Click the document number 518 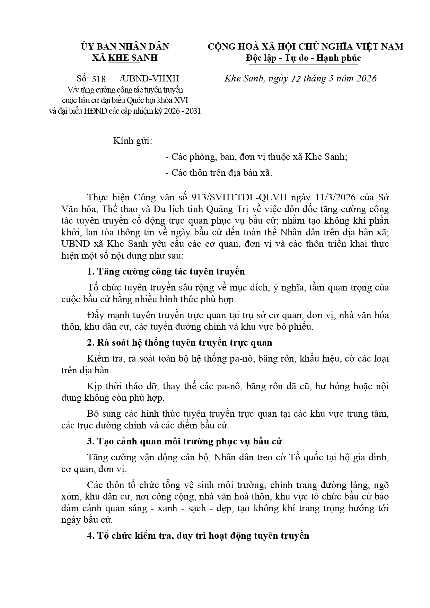(99, 79)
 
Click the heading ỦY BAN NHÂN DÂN (125, 46)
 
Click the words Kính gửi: (133, 141)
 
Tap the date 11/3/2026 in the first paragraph (333, 198)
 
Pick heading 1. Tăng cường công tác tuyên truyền (166, 271)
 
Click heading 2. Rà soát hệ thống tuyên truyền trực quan (179, 343)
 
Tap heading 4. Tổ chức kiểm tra (198, 536)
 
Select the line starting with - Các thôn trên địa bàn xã (219, 173)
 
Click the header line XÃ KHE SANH (125, 58)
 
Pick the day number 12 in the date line (296, 79)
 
